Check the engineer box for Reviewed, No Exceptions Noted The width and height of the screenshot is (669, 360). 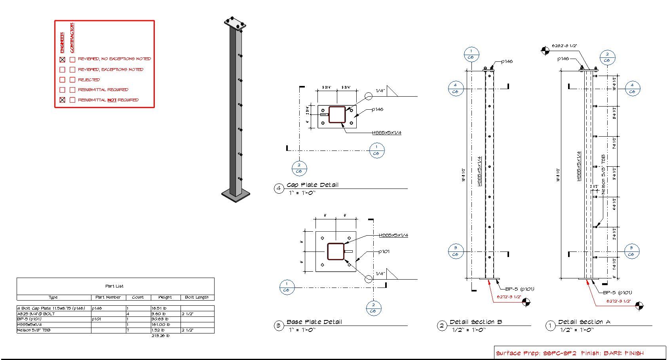pos(62,60)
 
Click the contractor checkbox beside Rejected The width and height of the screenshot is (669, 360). pos(72,80)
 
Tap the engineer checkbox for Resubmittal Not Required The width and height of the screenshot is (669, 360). pos(62,100)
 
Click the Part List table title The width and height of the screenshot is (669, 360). pos(114,286)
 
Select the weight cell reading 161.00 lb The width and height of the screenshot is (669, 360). pos(160,324)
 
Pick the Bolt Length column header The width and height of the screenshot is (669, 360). pos(197,297)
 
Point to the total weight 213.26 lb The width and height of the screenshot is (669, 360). pos(160,336)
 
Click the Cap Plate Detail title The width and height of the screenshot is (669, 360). pos(312,185)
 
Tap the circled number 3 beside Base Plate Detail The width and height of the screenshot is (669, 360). pos(279,326)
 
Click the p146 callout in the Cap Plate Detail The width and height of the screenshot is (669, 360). pos(377,109)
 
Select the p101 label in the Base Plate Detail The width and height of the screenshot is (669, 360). pos(384,251)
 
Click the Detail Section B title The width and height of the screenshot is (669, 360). pos(476,322)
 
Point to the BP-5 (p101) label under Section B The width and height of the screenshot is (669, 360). pos(519,289)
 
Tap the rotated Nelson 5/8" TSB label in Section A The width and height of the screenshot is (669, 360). pos(603,174)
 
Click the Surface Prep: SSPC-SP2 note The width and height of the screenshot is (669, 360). pos(536,353)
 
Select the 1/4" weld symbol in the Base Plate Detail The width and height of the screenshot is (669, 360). pos(380,274)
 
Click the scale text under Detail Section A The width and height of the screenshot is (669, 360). pos(576,330)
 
